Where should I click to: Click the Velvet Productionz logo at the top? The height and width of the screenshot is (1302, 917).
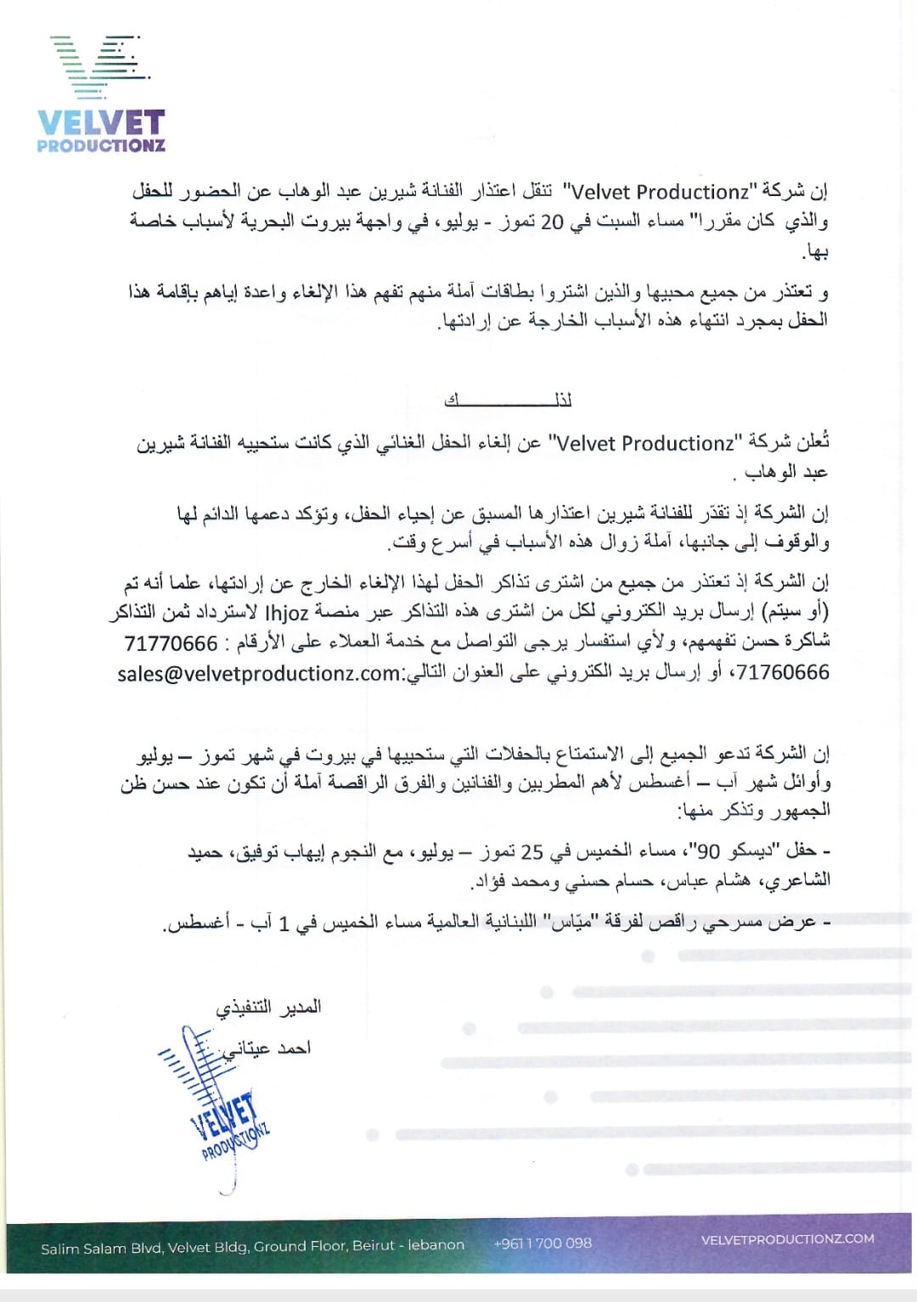click(x=101, y=94)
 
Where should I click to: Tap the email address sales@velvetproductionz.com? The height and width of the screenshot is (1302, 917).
click(x=260, y=673)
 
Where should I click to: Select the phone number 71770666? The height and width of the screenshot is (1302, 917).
click(x=171, y=643)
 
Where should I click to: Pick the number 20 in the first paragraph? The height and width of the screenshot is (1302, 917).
click(x=552, y=222)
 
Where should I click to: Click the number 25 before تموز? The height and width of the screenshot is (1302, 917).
click(x=532, y=851)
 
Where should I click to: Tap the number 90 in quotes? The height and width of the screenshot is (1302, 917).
click(x=708, y=851)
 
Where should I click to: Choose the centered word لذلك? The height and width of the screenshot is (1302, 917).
click(x=509, y=400)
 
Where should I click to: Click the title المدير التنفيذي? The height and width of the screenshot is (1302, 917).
click(x=268, y=1007)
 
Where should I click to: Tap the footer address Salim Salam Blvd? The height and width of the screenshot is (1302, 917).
click(x=252, y=1246)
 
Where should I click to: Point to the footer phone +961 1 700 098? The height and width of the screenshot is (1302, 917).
click(x=543, y=1243)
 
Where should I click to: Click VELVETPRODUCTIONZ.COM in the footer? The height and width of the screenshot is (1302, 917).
click(x=787, y=1239)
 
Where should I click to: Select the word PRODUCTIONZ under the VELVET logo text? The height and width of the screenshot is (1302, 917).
click(x=101, y=146)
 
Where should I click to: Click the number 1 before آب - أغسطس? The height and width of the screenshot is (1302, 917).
click(x=285, y=923)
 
